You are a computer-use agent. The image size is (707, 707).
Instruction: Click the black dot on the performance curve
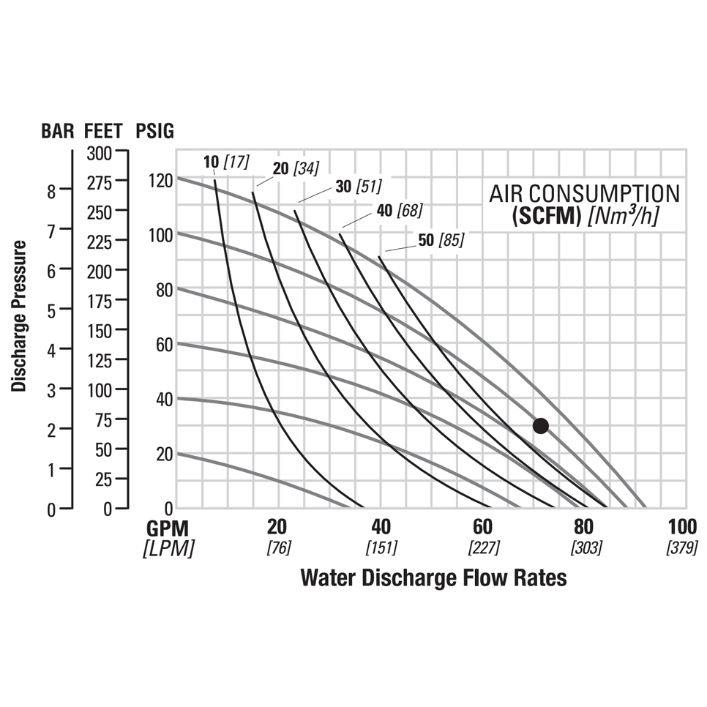pos(540,425)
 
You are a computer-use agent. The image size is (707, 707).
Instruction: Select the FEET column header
pos(104,132)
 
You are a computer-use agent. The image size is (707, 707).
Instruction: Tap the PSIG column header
pos(155,132)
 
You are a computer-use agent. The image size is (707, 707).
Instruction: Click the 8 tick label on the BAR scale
pos(51,192)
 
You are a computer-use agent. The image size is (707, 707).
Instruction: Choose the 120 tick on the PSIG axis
pos(160,180)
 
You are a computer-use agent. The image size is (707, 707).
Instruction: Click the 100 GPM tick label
pos(681,527)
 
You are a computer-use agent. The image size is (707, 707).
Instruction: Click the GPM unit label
pos(168,528)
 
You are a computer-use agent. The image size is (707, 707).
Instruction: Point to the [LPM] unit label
pos(168,548)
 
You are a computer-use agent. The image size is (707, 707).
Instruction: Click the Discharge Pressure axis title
pos(20,315)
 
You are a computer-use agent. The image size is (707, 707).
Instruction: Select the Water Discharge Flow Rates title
pos(433,577)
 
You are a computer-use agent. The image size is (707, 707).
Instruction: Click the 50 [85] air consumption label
pos(441,239)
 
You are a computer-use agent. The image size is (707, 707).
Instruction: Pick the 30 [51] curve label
pos(358,187)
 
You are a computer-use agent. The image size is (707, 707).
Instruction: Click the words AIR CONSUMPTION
pos(584,194)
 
